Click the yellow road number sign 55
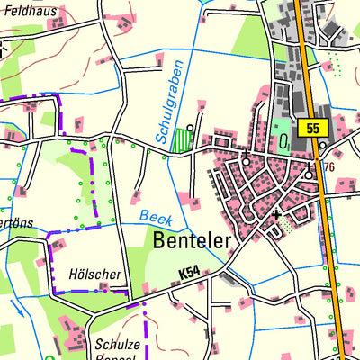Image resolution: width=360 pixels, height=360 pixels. point(312,129)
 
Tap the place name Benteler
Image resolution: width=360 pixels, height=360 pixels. point(192,240)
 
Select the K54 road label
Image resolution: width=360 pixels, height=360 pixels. point(189,272)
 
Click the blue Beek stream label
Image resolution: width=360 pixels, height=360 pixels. point(156,217)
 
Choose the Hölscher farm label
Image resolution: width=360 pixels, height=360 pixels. point(93,274)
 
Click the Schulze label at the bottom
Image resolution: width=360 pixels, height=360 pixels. point(116,343)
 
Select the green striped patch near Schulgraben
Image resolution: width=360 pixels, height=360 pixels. point(184,139)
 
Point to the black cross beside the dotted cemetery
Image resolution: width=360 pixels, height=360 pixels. point(275,214)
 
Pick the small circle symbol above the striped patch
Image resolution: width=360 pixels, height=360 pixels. point(190,128)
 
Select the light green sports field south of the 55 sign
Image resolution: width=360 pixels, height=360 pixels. point(282,129)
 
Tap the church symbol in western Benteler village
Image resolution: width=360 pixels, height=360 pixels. point(246,160)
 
